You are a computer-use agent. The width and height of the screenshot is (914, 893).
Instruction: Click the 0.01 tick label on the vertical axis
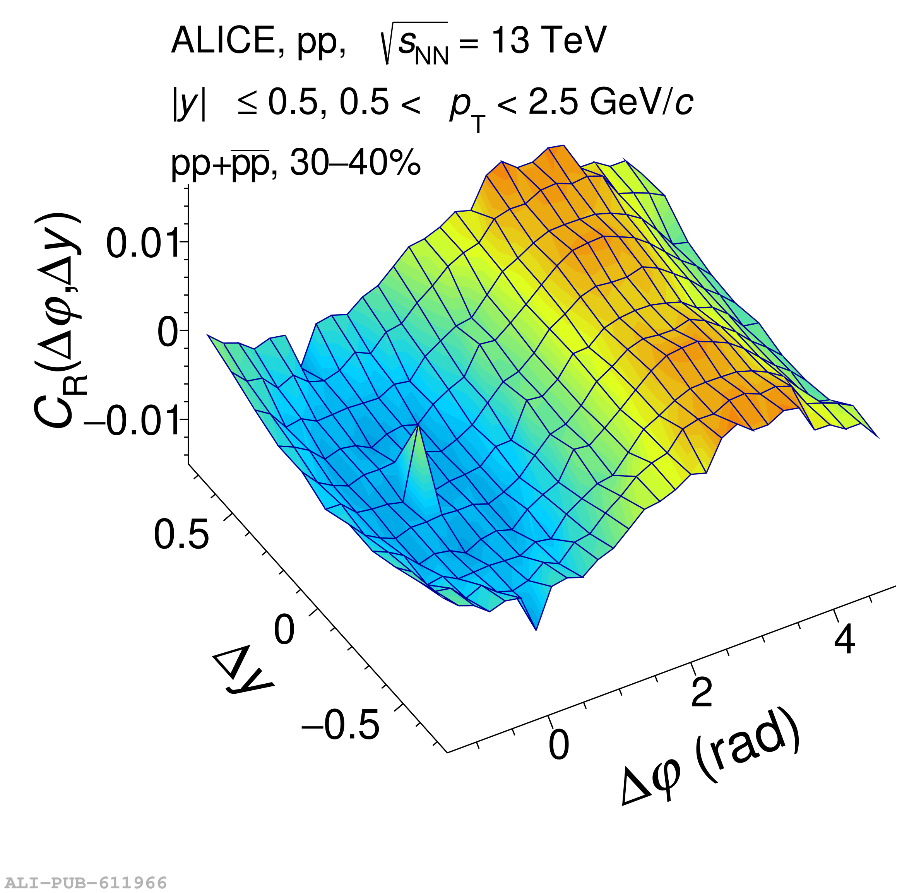(143, 243)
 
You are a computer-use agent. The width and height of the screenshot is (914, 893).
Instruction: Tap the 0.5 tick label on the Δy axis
(181, 534)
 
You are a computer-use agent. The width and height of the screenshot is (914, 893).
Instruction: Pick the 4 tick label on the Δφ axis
(844, 640)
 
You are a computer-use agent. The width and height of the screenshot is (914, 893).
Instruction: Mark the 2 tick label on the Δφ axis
(702, 692)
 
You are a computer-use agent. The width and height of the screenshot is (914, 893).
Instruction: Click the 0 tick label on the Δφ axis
(559, 745)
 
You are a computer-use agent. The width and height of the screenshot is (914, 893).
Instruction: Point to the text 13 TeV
(549, 40)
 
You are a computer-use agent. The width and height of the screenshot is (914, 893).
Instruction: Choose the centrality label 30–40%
(355, 163)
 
